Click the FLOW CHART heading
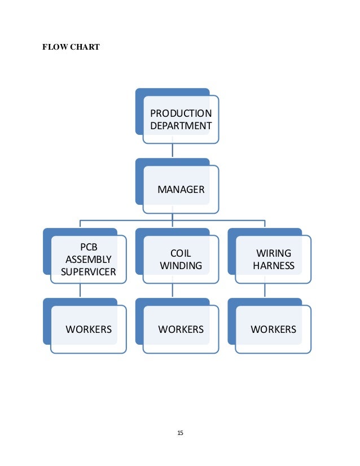tap(71, 47)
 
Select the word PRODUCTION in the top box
tap(181, 114)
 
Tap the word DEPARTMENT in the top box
tap(181, 125)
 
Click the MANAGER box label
tap(181, 190)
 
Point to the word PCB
tap(89, 247)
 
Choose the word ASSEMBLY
tap(89, 260)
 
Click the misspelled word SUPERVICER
tap(89, 272)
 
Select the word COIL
tap(181, 253)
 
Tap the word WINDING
tap(181, 265)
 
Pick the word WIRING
tap(274, 253)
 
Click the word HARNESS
tap(274, 265)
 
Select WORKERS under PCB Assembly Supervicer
tap(89, 329)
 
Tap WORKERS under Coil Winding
tap(181, 329)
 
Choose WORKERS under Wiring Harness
tap(274, 329)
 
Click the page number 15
tap(180, 433)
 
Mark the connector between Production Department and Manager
tap(172, 151)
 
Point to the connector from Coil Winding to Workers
tap(172, 291)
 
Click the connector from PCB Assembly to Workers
tap(80, 291)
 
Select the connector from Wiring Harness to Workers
tap(265, 291)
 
